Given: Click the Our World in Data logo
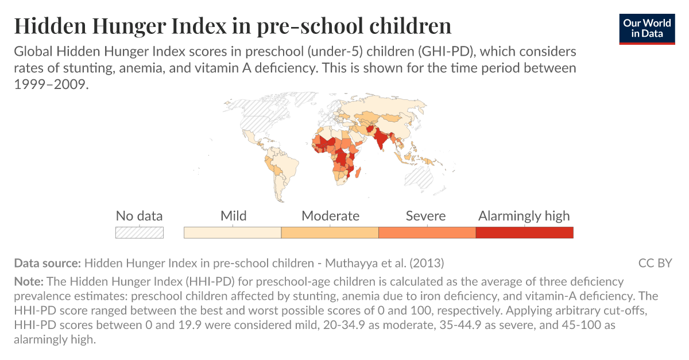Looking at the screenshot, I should click(x=647, y=28).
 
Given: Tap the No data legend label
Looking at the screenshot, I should click(x=139, y=216).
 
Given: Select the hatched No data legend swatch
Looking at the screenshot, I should click(x=139, y=233).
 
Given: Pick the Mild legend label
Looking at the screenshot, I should click(x=233, y=216).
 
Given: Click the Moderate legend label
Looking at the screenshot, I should click(x=330, y=216).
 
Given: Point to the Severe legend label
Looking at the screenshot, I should click(x=425, y=216).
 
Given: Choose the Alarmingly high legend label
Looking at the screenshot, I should click(x=524, y=216).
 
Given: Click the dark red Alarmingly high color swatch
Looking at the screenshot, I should click(x=524, y=233).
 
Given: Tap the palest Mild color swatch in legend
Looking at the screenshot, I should click(x=233, y=233).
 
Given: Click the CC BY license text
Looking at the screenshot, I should click(x=655, y=264).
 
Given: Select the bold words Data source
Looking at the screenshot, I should click(x=47, y=264).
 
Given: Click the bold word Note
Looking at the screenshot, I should click(x=29, y=282).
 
